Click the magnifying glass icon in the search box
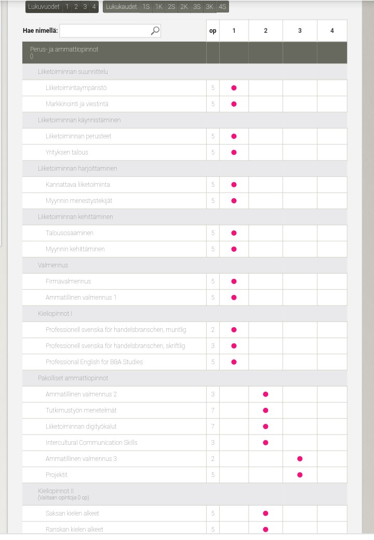tap(155, 31)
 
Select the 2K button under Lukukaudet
tap(184, 7)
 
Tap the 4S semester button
tap(222, 7)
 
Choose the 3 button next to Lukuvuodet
tap(85, 7)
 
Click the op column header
tap(212, 31)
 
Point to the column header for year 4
tap(332, 31)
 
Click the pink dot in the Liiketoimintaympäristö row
tap(234, 88)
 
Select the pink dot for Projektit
tap(300, 475)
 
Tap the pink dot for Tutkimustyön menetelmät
tap(265, 410)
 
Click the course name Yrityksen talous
tap(67, 152)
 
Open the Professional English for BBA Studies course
tap(94, 362)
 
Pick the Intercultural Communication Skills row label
tap(91, 443)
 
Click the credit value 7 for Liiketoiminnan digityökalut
tap(213, 427)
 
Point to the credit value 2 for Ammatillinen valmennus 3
tap(213, 459)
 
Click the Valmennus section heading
tap(53, 265)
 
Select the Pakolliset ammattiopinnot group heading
tap(73, 378)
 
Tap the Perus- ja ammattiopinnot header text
tap(64, 49)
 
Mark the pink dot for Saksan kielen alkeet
tap(265, 513)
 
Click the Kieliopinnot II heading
tap(56, 491)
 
